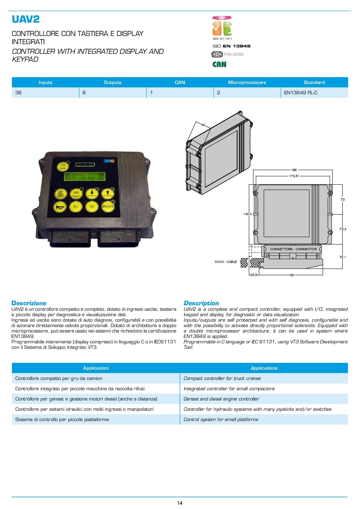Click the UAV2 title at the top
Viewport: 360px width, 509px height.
26,19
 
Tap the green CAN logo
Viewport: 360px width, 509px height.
219,64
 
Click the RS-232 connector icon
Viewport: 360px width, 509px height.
217,54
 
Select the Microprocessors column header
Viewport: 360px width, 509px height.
247,83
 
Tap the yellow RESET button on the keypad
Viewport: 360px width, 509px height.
108,206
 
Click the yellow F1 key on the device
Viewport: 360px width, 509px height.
76,207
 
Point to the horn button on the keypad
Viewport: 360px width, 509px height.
60,207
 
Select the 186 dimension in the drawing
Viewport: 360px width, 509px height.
294,170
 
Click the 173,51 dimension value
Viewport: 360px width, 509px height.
294,176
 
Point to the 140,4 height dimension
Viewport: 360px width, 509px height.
247,214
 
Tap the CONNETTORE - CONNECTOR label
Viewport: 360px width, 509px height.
293,249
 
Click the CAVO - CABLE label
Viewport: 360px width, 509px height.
225,262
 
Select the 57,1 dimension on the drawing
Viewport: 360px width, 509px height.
343,257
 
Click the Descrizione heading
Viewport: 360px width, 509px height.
29,303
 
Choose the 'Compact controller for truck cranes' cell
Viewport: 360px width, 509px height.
222,378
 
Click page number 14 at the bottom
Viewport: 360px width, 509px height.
180,503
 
